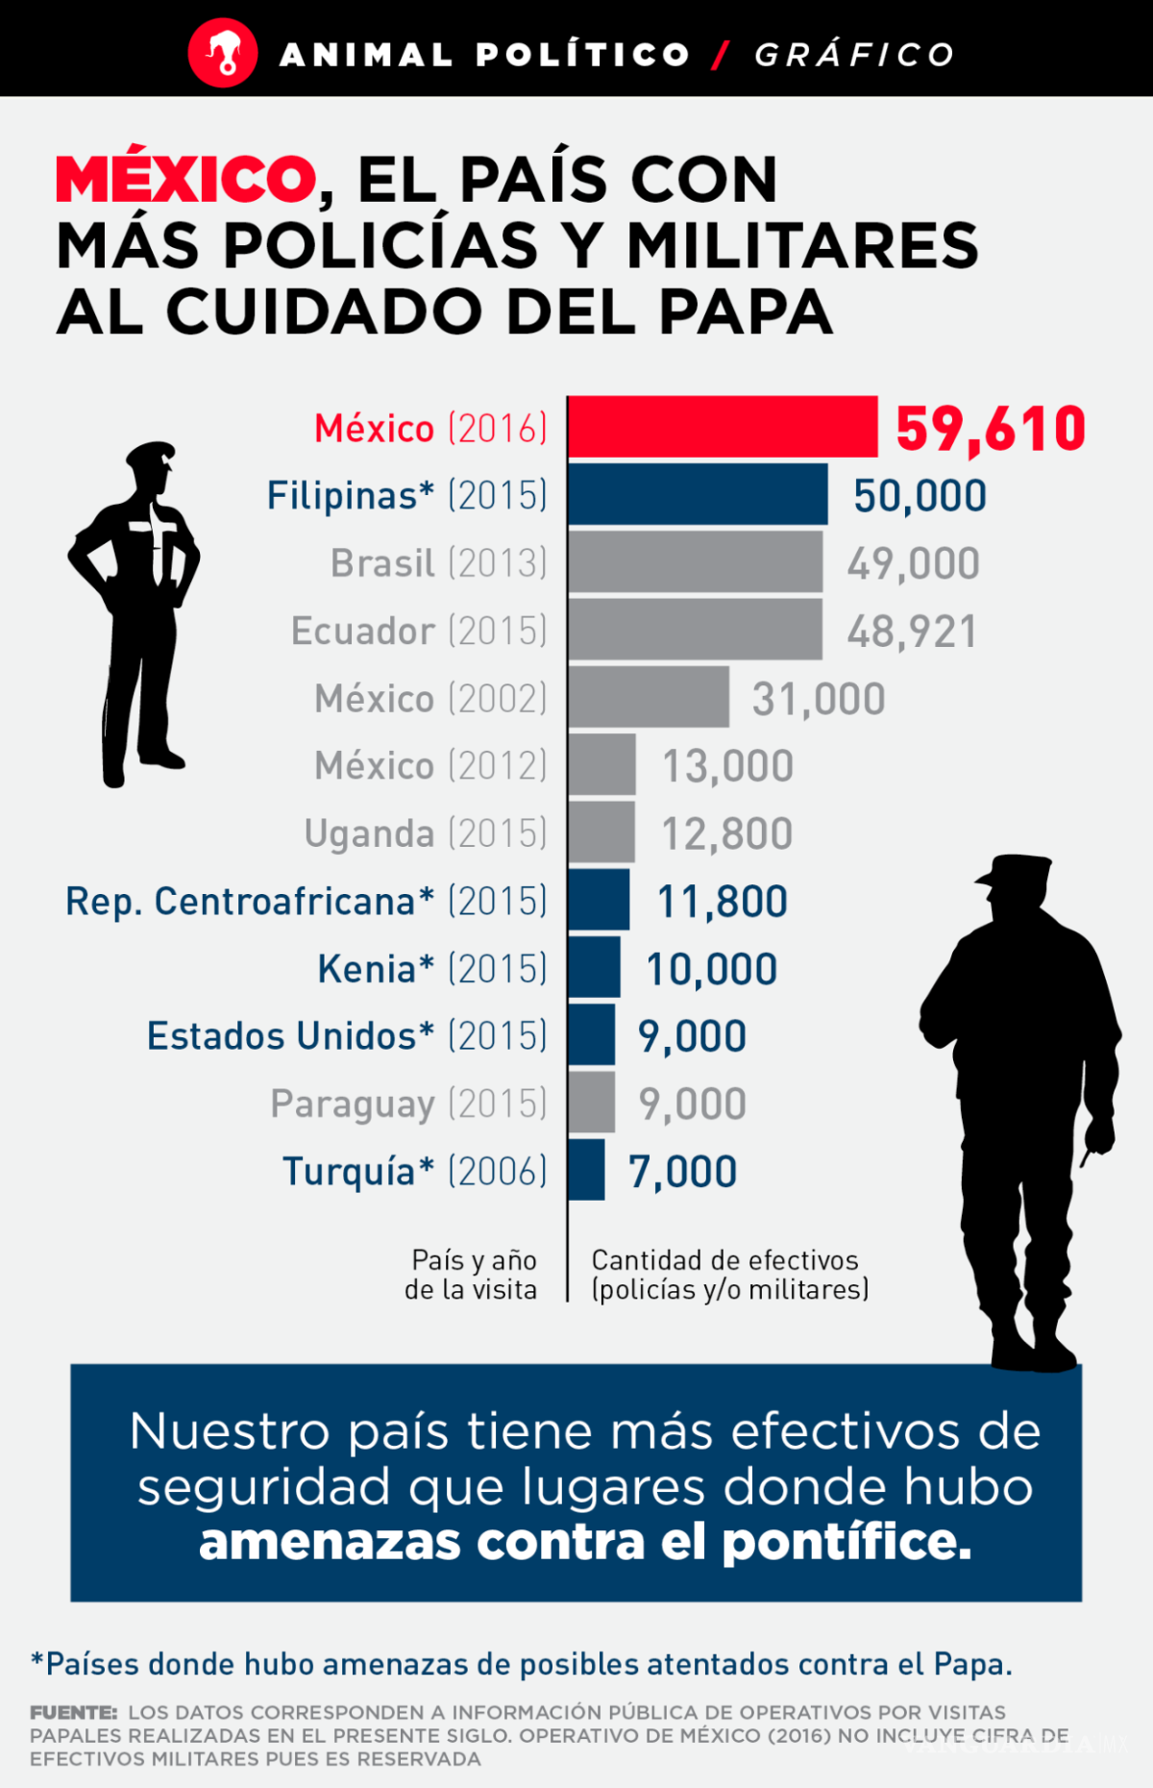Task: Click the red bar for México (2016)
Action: point(723,427)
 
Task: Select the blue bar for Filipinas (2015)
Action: point(698,494)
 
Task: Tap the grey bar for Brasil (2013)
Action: point(695,562)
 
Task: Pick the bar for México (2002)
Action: point(649,697)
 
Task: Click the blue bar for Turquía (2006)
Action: point(586,1170)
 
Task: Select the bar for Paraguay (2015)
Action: point(591,1103)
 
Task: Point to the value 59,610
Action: point(991,429)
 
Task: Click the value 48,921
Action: point(912,632)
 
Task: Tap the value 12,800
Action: point(727,833)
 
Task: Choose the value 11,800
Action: point(723,902)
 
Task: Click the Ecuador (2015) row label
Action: point(419,631)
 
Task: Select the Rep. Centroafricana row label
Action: point(306,902)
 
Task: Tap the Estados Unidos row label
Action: point(347,1036)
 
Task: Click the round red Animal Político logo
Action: point(223,54)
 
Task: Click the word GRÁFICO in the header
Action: point(854,55)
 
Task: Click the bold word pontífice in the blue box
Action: point(846,1542)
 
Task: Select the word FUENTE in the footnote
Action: point(73,1712)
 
